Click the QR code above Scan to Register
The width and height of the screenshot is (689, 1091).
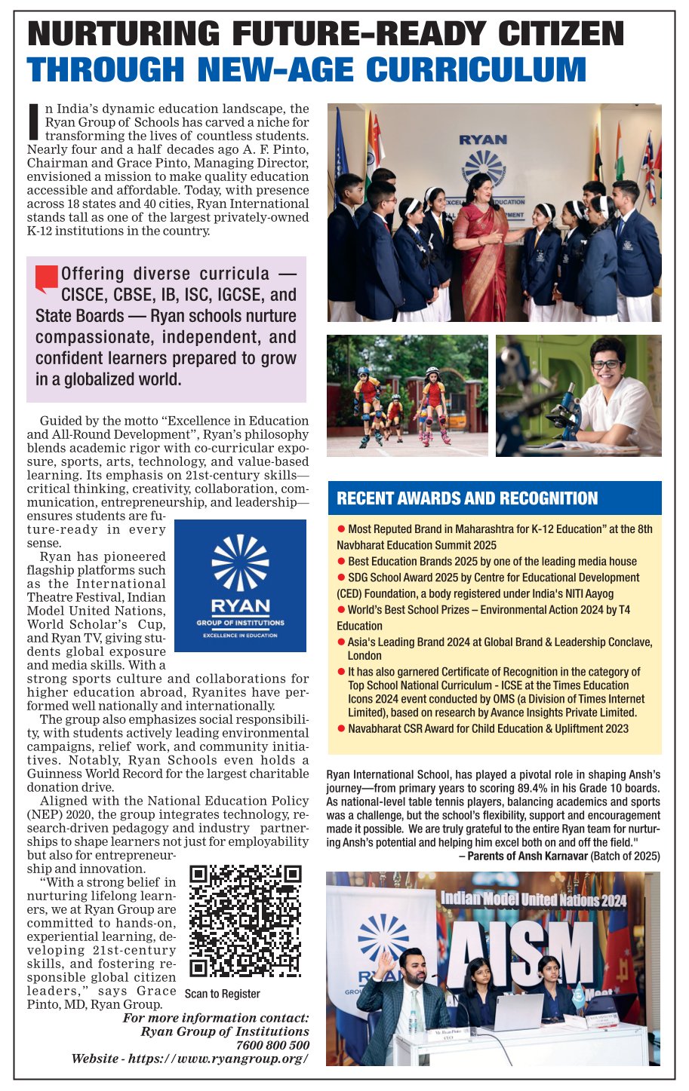(x=245, y=921)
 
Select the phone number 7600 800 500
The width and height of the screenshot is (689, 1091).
(x=272, y=1045)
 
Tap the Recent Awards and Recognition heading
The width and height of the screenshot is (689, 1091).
(x=467, y=498)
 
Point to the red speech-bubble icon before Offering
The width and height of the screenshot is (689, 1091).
(x=46, y=277)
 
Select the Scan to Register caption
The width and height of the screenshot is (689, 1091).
(x=223, y=994)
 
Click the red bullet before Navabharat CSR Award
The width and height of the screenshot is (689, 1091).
(x=341, y=728)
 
